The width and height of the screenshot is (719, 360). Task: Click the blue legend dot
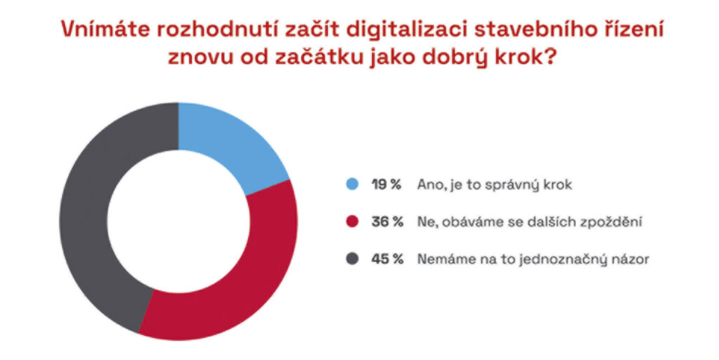tap(352, 185)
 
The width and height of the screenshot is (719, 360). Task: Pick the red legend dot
tap(352, 222)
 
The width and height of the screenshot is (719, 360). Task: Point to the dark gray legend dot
tap(352, 259)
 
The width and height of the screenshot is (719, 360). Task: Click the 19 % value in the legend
tap(386, 185)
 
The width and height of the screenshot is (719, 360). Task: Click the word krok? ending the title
tap(529, 58)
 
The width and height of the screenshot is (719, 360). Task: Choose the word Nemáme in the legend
tap(441, 259)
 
